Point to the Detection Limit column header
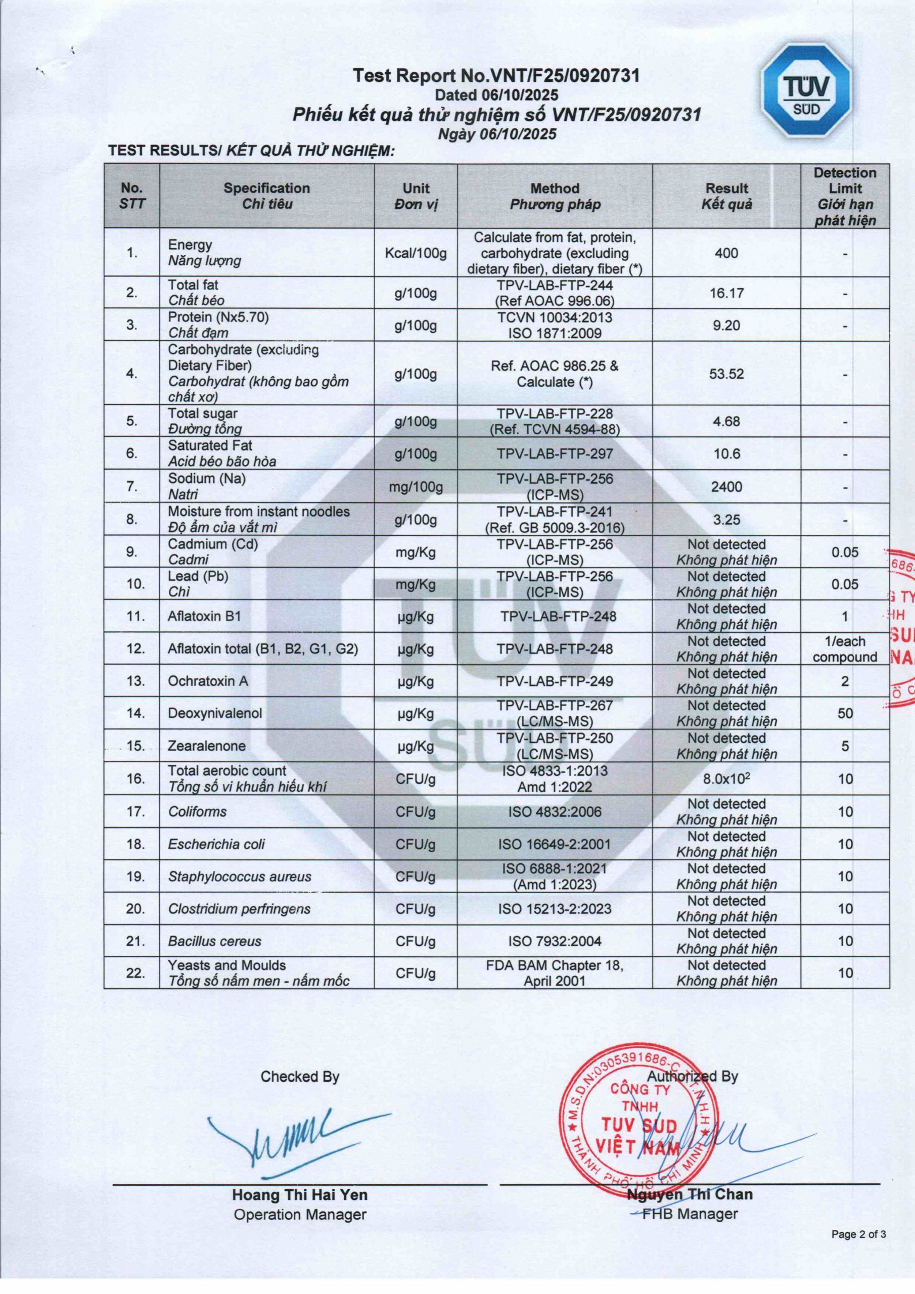(845, 196)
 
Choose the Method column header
(555, 196)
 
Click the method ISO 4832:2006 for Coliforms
(555, 812)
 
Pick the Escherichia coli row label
(216, 844)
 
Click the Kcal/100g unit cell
(416, 253)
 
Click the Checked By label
(300, 1077)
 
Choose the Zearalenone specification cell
(207, 746)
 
